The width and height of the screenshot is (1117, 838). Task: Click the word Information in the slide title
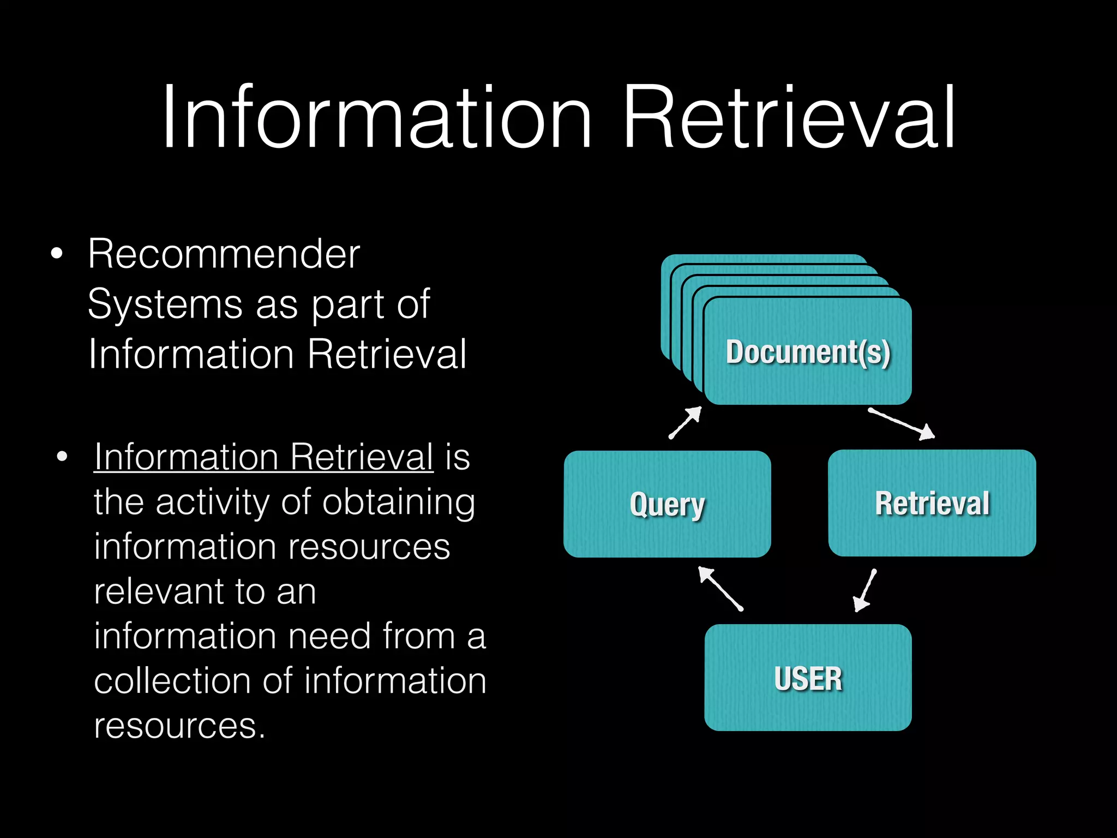coord(376,117)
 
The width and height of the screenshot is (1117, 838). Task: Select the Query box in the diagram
coord(667,504)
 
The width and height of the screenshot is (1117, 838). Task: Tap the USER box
coord(808,678)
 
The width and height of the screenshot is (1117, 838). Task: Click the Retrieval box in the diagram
coord(932,503)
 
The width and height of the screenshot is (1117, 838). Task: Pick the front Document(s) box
coord(808,352)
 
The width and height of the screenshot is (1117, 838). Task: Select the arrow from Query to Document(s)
coord(685,423)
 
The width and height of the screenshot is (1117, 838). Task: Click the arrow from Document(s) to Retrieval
coord(901,423)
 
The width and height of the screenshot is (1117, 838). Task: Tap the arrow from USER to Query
coord(720,589)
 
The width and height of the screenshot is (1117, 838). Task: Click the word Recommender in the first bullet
coord(224,254)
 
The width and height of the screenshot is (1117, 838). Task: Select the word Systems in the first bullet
coord(165,304)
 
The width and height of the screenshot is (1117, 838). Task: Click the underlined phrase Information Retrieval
coord(263,457)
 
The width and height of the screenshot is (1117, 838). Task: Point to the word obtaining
coord(399,502)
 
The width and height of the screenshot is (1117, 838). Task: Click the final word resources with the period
coord(179,726)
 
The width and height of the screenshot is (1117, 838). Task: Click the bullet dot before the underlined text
coord(62,457)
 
